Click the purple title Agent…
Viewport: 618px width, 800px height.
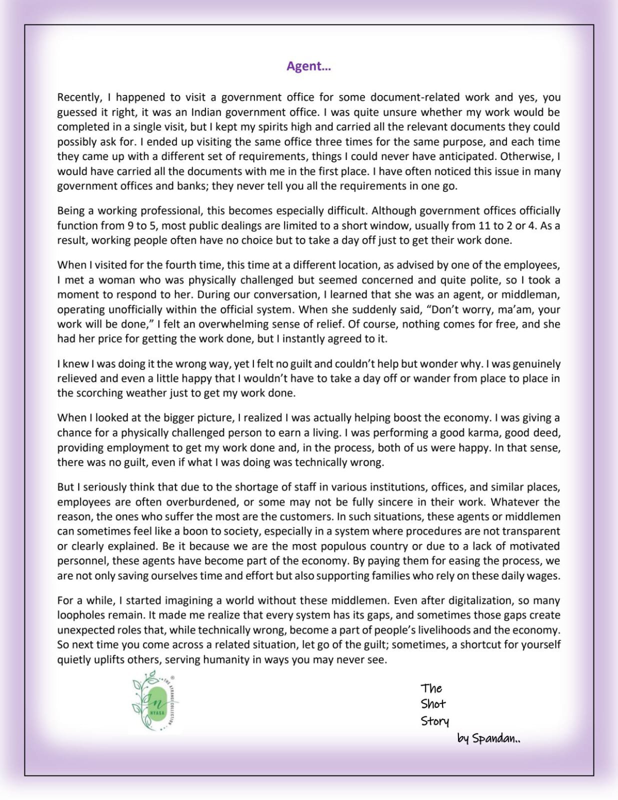pyautogui.click(x=308, y=66)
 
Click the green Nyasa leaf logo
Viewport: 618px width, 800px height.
pyautogui.click(x=155, y=701)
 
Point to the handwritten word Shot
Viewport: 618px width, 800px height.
pyautogui.click(x=433, y=704)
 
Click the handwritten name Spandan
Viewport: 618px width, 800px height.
pyautogui.click(x=495, y=738)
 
